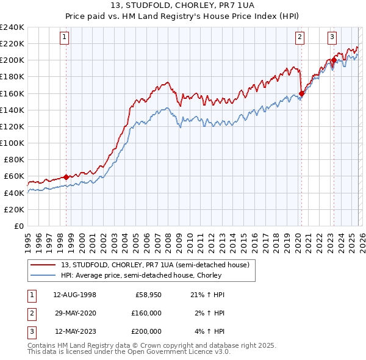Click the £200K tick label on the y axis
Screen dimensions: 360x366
coord(12,60)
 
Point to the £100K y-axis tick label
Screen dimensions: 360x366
coord(12,143)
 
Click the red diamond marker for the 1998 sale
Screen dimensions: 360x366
coord(66,178)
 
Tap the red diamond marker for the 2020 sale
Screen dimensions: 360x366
coord(302,94)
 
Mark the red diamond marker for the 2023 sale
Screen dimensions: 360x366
coord(334,60)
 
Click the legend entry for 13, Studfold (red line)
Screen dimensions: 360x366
coord(155,265)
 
